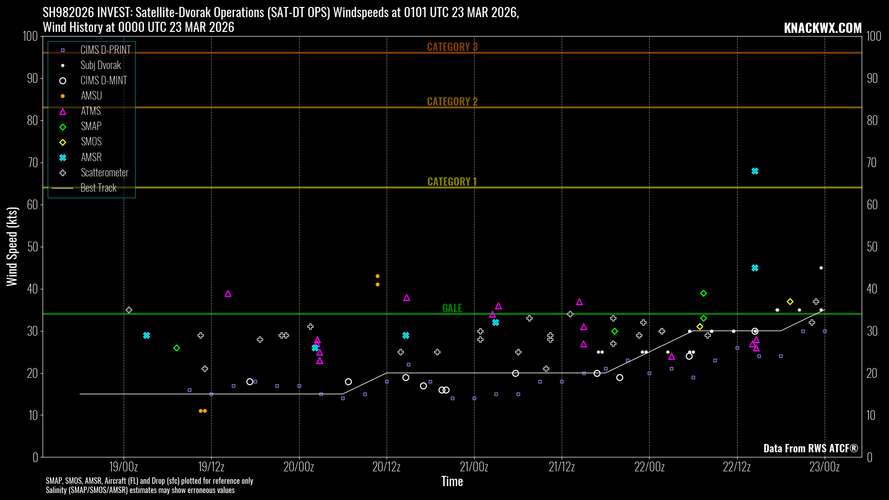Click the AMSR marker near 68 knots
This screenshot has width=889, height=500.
point(755,171)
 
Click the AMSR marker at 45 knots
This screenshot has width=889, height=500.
point(755,268)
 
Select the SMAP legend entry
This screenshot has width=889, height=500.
point(91,126)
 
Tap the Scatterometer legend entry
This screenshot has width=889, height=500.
point(104,173)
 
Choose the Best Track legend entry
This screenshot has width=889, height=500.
point(98,188)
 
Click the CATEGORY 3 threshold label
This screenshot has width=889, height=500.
point(452,47)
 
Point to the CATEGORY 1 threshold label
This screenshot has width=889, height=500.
point(452,181)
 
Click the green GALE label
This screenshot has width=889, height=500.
point(452,308)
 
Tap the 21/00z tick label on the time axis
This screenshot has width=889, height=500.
point(474,467)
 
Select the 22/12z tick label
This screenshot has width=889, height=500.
point(737,467)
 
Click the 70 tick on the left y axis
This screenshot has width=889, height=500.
point(32,162)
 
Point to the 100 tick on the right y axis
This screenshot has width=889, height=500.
point(874,36)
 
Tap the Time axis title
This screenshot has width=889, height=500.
point(452,481)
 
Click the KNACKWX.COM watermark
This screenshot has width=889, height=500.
point(823,28)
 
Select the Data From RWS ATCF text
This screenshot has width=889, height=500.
point(810,448)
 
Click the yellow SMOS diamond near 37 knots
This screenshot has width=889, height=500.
point(790,302)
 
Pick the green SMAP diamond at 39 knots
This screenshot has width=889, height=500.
point(703,294)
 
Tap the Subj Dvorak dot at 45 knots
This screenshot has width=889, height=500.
point(821,268)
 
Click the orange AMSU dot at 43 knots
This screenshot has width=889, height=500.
point(377,276)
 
